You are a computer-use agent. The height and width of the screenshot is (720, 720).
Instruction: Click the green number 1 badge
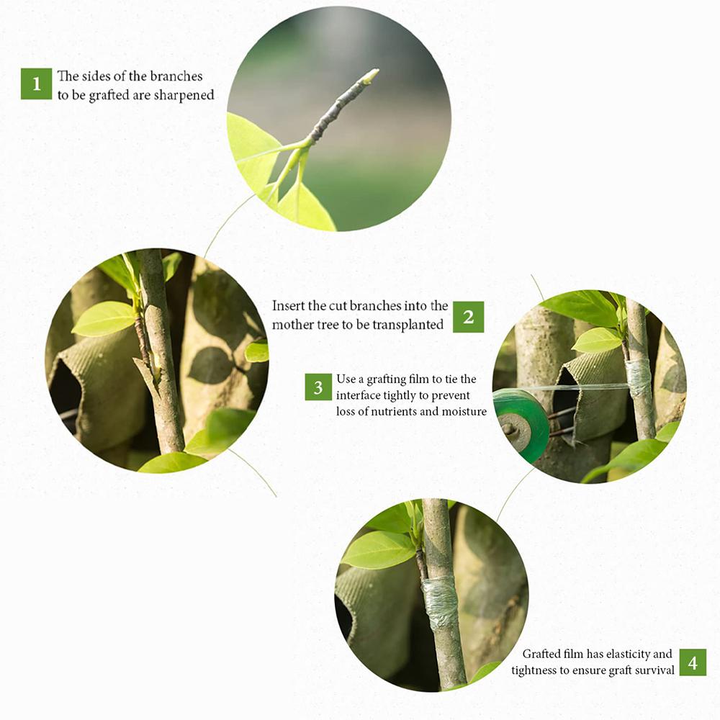click(36, 84)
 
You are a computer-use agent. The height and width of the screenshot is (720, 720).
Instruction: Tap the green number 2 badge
click(468, 317)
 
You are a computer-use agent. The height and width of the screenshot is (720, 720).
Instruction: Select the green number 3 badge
click(318, 387)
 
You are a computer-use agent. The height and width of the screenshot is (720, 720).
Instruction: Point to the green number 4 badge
click(692, 662)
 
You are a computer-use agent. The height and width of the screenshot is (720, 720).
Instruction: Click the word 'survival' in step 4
click(652, 670)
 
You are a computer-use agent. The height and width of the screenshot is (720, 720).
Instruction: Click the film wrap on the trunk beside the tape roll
click(638, 378)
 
